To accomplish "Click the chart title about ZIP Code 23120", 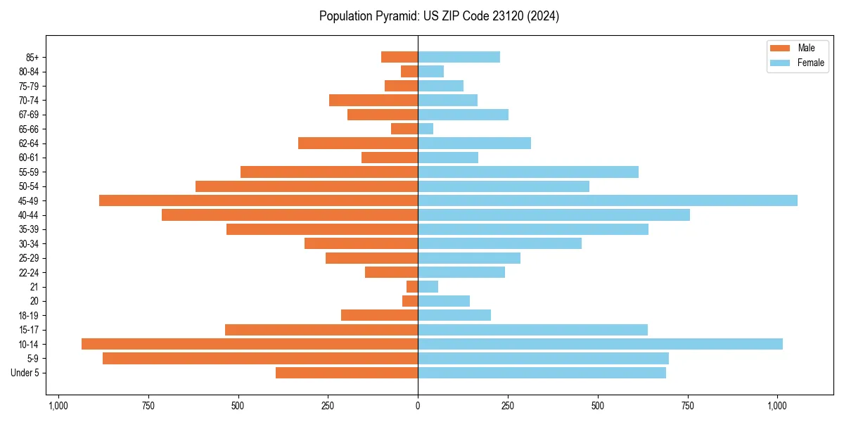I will point(439,16).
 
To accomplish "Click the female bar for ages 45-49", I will point(608,200).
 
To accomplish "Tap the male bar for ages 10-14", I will point(250,344).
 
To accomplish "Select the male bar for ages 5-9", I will point(260,358).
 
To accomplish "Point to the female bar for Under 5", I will point(542,373).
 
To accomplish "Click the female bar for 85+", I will point(459,57).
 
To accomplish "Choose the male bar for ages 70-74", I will point(373,100).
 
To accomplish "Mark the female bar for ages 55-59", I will point(528,172).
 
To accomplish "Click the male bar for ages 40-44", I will point(290,215).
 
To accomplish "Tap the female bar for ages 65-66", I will point(426,129).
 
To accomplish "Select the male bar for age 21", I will point(412,286).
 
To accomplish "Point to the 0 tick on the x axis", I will point(418,405).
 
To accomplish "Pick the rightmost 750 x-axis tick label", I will point(687,405).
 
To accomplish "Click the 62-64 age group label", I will point(28,143).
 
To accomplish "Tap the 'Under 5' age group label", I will point(25,373).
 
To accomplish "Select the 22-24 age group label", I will point(28,272).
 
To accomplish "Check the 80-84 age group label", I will point(28,72).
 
